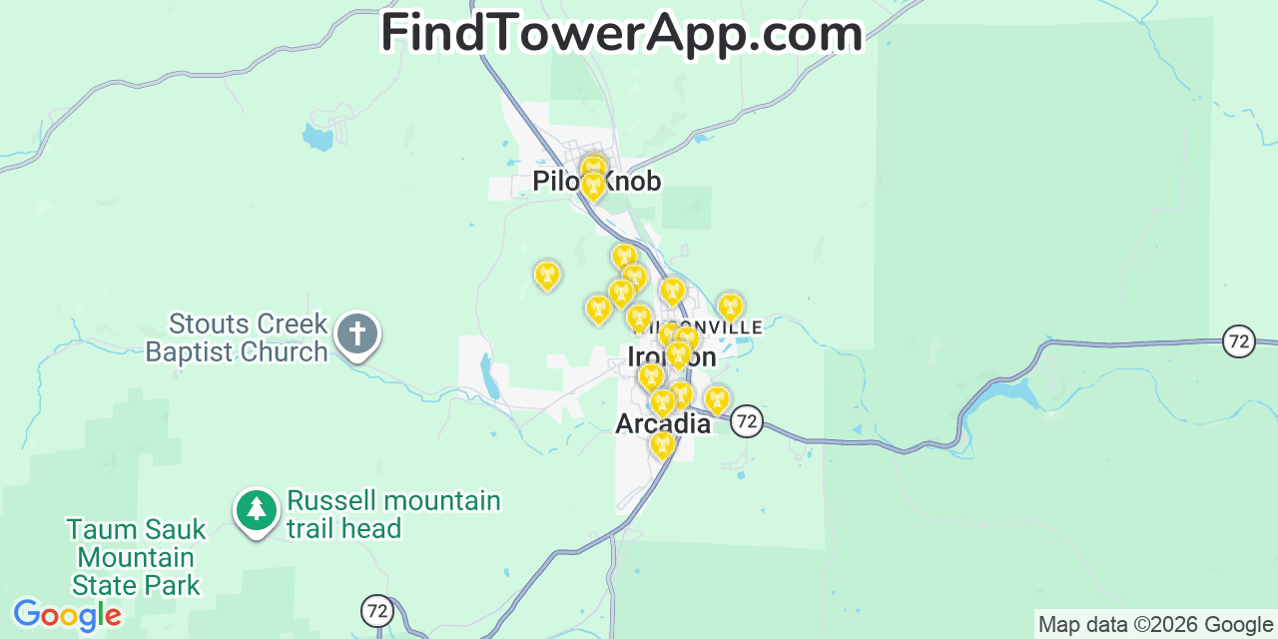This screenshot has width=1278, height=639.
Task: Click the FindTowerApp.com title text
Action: click(x=621, y=34)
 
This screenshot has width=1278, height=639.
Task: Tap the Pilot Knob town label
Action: click(x=596, y=181)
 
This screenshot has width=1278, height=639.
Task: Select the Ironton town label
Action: click(x=671, y=357)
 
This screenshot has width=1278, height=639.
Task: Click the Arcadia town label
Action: click(x=663, y=424)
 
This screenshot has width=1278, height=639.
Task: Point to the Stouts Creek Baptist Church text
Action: click(x=237, y=338)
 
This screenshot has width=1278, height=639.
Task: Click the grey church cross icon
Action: click(x=356, y=333)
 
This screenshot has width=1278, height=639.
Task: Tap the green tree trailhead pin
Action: click(x=257, y=510)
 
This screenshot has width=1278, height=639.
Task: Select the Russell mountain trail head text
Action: click(x=393, y=514)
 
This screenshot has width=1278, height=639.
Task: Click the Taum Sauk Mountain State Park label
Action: click(x=136, y=557)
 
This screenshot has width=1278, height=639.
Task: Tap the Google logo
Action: click(x=66, y=615)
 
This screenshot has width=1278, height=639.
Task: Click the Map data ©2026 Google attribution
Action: click(x=1155, y=625)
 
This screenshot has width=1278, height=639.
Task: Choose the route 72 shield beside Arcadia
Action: click(x=746, y=421)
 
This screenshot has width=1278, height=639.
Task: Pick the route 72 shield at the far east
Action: click(x=1239, y=341)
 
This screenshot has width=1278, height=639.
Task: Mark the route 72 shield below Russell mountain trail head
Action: click(x=376, y=610)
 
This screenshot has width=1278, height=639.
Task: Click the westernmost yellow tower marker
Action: click(x=547, y=275)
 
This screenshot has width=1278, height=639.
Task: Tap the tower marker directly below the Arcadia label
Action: click(x=662, y=443)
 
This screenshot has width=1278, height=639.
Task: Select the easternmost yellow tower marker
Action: click(x=730, y=307)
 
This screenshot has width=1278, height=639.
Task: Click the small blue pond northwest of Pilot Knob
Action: click(x=318, y=137)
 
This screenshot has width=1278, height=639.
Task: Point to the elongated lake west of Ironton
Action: click(x=489, y=375)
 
